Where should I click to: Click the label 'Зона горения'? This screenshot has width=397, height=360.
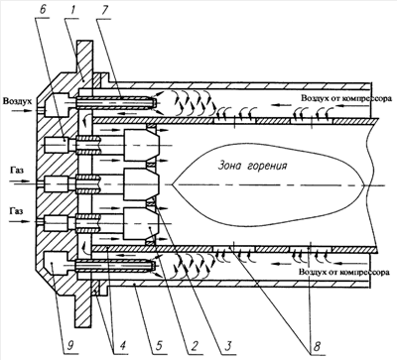point(252,166)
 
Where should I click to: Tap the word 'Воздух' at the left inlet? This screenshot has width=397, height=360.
point(18,101)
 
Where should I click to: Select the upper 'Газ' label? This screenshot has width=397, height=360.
point(17,172)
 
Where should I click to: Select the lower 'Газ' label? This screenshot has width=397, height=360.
point(16,210)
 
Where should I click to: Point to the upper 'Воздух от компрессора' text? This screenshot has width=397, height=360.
point(346,98)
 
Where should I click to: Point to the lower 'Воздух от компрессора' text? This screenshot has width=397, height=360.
point(343,273)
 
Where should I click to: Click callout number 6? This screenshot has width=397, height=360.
point(43,9)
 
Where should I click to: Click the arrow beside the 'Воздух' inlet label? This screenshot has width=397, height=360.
point(22,111)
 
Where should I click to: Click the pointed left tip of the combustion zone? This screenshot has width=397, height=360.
point(173,184)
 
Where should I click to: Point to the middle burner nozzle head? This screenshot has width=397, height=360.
point(142,184)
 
